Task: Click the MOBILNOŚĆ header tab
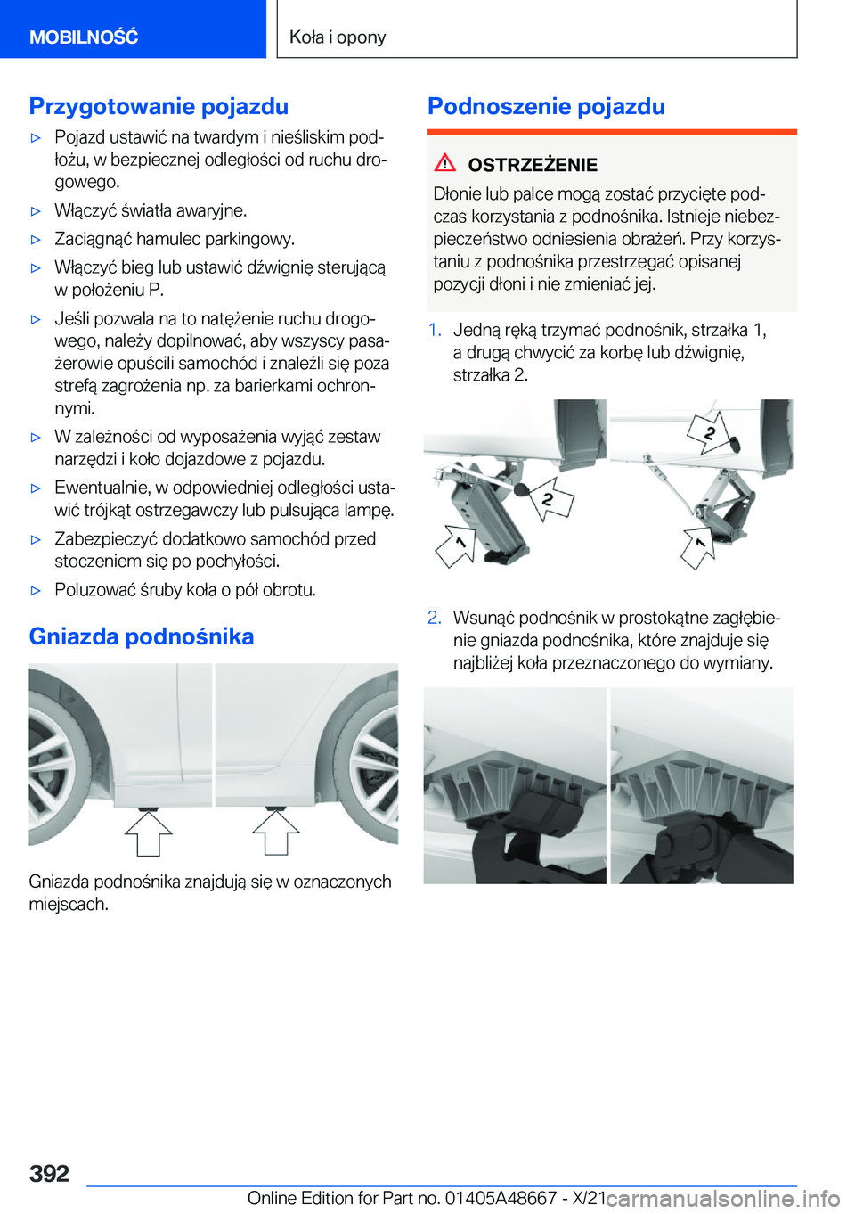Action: tap(84, 37)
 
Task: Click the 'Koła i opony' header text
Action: tap(338, 37)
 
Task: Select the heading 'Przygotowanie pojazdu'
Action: tap(159, 106)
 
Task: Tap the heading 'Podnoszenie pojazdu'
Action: tap(546, 106)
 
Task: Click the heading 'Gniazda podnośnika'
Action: tap(142, 636)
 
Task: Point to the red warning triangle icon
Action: tap(445, 163)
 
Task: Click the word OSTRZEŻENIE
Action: tap(533, 165)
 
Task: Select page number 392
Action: tap(49, 1173)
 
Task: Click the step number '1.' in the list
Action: tap(435, 330)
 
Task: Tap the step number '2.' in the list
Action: tap(435, 618)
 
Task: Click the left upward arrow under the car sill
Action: tap(149, 832)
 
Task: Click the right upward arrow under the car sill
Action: tap(276, 832)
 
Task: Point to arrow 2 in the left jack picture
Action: tap(550, 501)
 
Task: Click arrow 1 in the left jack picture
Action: tap(456, 545)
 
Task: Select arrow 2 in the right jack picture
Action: tap(709, 433)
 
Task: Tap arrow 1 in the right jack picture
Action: tap(699, 546)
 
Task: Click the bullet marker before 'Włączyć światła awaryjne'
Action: tap(37, 211)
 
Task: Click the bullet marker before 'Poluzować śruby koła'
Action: tap(37, 590)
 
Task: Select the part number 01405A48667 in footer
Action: tap(500, 1198)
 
